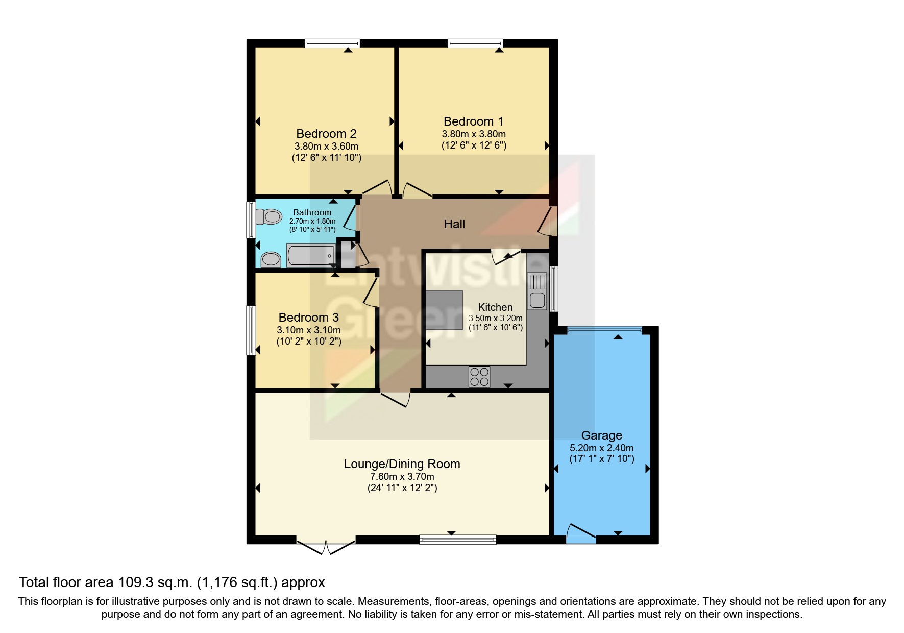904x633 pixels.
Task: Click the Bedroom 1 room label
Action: pyautogui.click(x=473, y=121)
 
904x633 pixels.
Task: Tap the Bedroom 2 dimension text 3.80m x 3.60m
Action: pyautogui.click(x=327, y=147)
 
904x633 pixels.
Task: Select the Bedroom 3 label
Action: pyautogui.click(x=309, y=318)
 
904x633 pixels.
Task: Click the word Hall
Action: pyautogui.click(x=454, y=224)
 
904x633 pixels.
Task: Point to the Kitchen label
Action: pyautogui.click(x=495, y=307)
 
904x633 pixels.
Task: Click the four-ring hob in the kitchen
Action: pyautogui.click(x=479, y=377)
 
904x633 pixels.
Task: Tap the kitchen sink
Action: pyautogui.click(x=537, y=291)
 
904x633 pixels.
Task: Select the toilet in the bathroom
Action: pyautogui.click(x=268, y=217)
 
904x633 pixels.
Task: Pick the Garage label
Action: pyautogui.click(x=602, y=435)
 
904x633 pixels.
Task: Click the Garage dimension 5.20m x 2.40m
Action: pyautogui.click(x=602, y=448)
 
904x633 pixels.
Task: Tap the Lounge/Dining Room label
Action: pyautogui.click(x=402, y=464)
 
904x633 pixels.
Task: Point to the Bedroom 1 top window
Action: pyautogui.click(x=475, y=44)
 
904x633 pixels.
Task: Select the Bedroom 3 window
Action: pyautogui.click(x=251, y=330)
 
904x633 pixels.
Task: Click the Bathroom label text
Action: pyautogui.click(x=312, y=212)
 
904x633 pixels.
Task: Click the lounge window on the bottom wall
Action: pyautogui.click(x=458, y=540)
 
